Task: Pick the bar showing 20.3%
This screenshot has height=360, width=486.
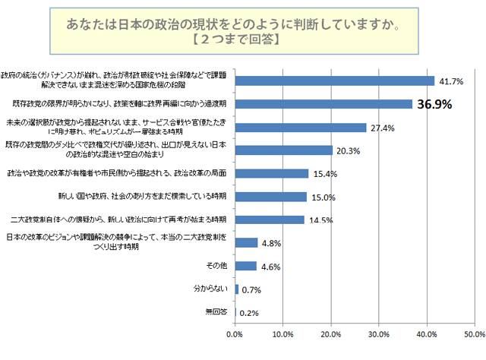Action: [284, 150]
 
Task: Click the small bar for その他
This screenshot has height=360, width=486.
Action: [246, 266]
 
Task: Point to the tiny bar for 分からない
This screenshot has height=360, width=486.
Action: [237, 289]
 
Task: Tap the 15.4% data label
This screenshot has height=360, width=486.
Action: [324, 174]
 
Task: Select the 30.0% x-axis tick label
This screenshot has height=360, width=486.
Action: [379, 334]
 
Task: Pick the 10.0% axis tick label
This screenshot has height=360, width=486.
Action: [283, 334]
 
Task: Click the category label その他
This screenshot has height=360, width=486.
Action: [217, 266]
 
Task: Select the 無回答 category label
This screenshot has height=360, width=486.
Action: [216, 311]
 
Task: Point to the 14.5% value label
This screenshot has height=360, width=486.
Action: [320, 221]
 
